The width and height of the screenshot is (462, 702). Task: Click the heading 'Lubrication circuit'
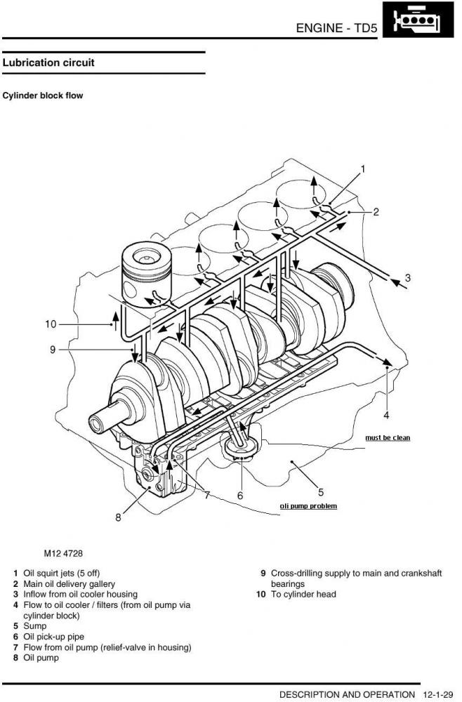(48, 62)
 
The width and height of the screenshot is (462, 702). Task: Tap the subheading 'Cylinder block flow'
(43, 95)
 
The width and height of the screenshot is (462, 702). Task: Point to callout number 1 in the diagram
(363, 169)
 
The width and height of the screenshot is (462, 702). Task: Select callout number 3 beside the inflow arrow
(408, 278)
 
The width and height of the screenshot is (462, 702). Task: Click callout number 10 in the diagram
(51, 324)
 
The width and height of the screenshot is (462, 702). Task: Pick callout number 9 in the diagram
(53, 350)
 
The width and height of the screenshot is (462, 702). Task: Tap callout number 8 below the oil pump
(118, 517)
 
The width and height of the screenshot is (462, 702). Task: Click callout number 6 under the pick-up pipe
(240, 496)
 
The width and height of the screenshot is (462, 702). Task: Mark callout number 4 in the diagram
(386, 416)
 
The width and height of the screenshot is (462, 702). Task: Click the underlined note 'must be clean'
(388, 438)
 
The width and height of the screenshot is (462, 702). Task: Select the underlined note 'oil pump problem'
(308, 506)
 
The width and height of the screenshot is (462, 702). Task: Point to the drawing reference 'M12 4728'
(63, 553)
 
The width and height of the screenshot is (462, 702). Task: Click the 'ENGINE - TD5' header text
(336, 28)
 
